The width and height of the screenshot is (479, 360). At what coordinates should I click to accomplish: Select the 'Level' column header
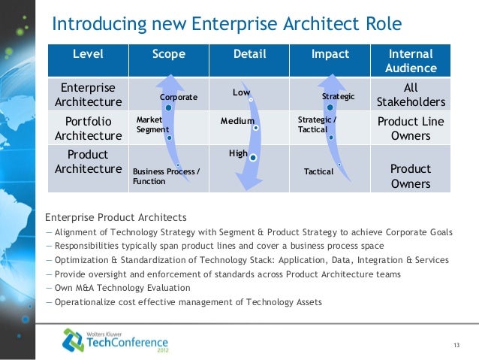[x=88, y=54]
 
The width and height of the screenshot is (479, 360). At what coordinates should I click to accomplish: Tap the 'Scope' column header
[x=168, y=54]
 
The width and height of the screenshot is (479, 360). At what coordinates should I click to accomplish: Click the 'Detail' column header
[x=249, y=54]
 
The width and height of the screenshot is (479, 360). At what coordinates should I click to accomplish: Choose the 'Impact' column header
[x=330, y=54]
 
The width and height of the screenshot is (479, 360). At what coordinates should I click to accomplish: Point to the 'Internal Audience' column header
[x=411, y=61]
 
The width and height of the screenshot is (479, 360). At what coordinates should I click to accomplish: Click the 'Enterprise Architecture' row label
[x=88, y=94]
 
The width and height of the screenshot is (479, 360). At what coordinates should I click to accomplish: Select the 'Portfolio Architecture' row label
[x=88, y=129]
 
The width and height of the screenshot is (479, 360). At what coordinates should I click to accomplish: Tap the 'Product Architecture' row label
[x=88, y=161]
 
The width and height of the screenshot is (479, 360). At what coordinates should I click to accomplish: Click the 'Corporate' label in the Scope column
[x=179, y=97]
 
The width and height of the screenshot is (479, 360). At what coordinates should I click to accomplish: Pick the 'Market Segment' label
[x=152, y=124]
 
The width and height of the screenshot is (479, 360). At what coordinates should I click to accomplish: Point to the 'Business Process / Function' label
[x=166, y=177]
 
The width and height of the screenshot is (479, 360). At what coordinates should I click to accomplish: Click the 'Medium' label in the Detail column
[x=237, y=120]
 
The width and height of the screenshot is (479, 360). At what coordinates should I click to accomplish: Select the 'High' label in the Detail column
[x=238, y=153]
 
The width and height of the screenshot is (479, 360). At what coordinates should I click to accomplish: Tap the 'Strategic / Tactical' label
[x=318, y=124]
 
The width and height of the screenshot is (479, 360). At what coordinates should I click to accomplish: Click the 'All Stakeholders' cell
[x=411, y=94]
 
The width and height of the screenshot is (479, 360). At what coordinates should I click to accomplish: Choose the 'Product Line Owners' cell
[x=411, y=129]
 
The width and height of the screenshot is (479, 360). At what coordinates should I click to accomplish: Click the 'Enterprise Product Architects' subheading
[x=116, y=217]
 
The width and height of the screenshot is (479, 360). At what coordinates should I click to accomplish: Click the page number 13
[x=456, y=345]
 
